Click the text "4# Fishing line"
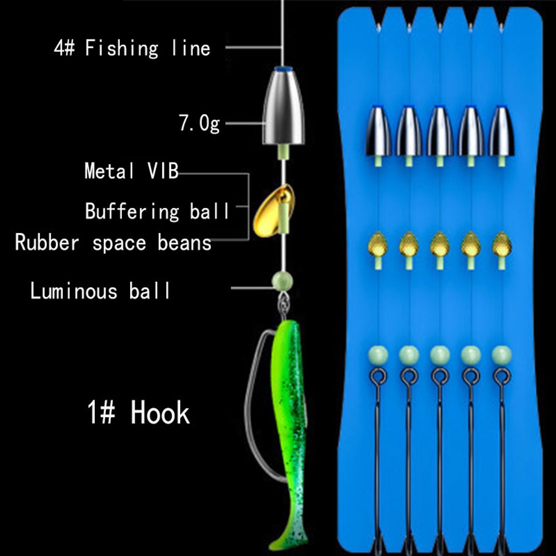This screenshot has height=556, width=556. tap(132, 47)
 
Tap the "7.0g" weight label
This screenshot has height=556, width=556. tap(199, 123)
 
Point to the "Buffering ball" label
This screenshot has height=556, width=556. tap(157, 211)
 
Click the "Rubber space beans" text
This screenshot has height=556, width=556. tap(113, 243)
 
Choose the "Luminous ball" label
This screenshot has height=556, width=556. tap(100, 291)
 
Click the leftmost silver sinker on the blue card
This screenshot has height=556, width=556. tap(378, 131)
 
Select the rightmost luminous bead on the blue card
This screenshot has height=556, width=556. tap(502, 355)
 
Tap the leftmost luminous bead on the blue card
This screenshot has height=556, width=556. tap(378, 355)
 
